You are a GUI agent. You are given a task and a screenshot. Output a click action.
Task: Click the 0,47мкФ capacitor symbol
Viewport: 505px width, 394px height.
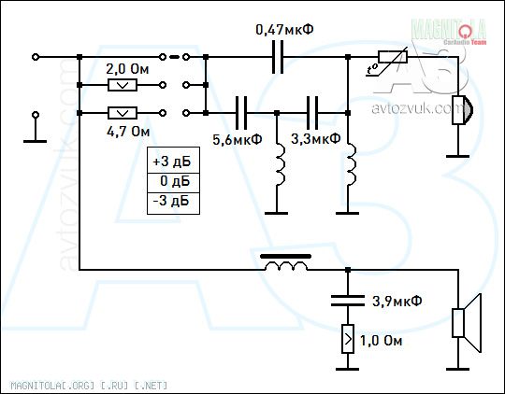tap(278, 57)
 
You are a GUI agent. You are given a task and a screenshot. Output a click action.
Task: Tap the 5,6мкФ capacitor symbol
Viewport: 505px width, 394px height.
tap(241, 113)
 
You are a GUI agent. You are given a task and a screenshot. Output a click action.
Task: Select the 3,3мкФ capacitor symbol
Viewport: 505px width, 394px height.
tap(312, 113)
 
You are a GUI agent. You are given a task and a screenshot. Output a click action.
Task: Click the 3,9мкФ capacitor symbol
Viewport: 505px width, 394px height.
tap(348, 301)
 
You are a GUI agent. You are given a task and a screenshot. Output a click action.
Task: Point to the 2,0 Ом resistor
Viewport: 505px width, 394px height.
tap(123, 85)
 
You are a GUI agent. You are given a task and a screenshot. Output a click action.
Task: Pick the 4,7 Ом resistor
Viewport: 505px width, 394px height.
tap(123, 113)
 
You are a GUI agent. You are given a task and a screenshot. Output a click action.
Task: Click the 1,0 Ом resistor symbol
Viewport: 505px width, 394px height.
tap(348, 339)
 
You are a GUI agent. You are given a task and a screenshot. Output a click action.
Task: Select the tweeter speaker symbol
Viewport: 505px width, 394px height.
tap(463, 110)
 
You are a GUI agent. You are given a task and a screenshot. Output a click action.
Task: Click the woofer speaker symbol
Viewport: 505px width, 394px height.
tap(467, 323)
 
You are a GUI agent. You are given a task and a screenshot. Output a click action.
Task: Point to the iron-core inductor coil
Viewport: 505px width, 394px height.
tap(285, 262)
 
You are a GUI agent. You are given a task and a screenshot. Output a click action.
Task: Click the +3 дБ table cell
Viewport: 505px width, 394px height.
tap(173, 161)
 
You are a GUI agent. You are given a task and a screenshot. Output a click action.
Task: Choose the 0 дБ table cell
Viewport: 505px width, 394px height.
tap(173, 183)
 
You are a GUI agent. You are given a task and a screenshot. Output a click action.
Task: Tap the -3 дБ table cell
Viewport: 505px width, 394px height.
tap(173, 204)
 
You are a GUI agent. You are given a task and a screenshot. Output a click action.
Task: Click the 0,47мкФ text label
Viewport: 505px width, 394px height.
tap(284, 30)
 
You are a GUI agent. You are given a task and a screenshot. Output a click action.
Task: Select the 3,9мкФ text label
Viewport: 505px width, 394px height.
tap(397, 301)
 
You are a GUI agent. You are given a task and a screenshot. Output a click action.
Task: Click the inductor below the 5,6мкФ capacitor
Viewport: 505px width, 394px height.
tap(280, 164)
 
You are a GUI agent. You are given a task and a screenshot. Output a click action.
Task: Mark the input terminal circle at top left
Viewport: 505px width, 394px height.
tap(36, 57)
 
